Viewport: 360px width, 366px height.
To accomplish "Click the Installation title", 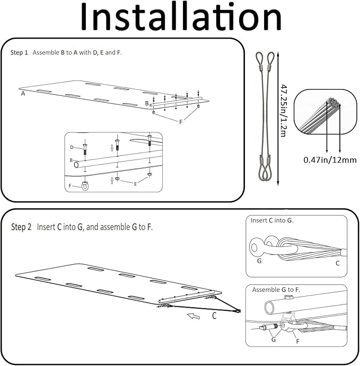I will pos(180,18).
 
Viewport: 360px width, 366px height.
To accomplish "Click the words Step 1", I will pos(20,53).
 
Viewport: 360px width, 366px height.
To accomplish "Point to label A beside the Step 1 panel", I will pos(23,93).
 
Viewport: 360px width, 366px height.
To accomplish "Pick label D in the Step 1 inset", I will pos(72,147).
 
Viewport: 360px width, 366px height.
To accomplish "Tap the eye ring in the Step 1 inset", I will pos(85,185).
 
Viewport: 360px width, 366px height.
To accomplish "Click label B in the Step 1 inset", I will pos(71,160).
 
